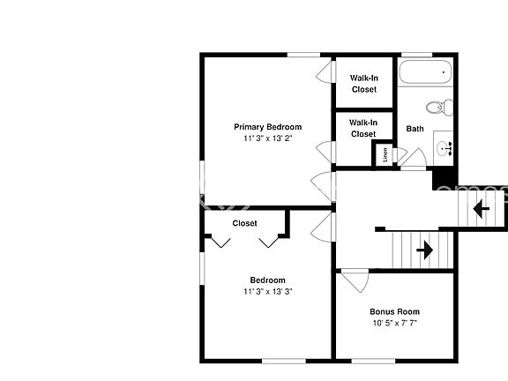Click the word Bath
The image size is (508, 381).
click(x=415, y=129)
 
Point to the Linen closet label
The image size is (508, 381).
click(x=385, y=154)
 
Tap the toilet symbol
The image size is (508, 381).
click(x=437, y=108)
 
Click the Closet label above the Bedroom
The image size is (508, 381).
click(x=245, y=223)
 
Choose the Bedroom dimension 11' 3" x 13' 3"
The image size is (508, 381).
click(x=267, y=292)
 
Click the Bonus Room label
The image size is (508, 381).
click(x=394, y=311)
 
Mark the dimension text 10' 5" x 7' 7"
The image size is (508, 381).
click(x=394, y=323)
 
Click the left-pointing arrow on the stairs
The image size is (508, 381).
click(x=482, y=209)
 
